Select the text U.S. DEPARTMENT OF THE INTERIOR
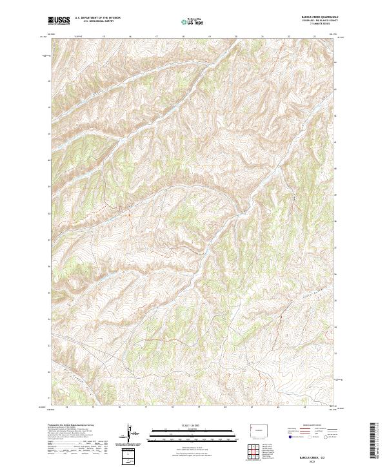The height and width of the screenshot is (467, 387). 97,19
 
